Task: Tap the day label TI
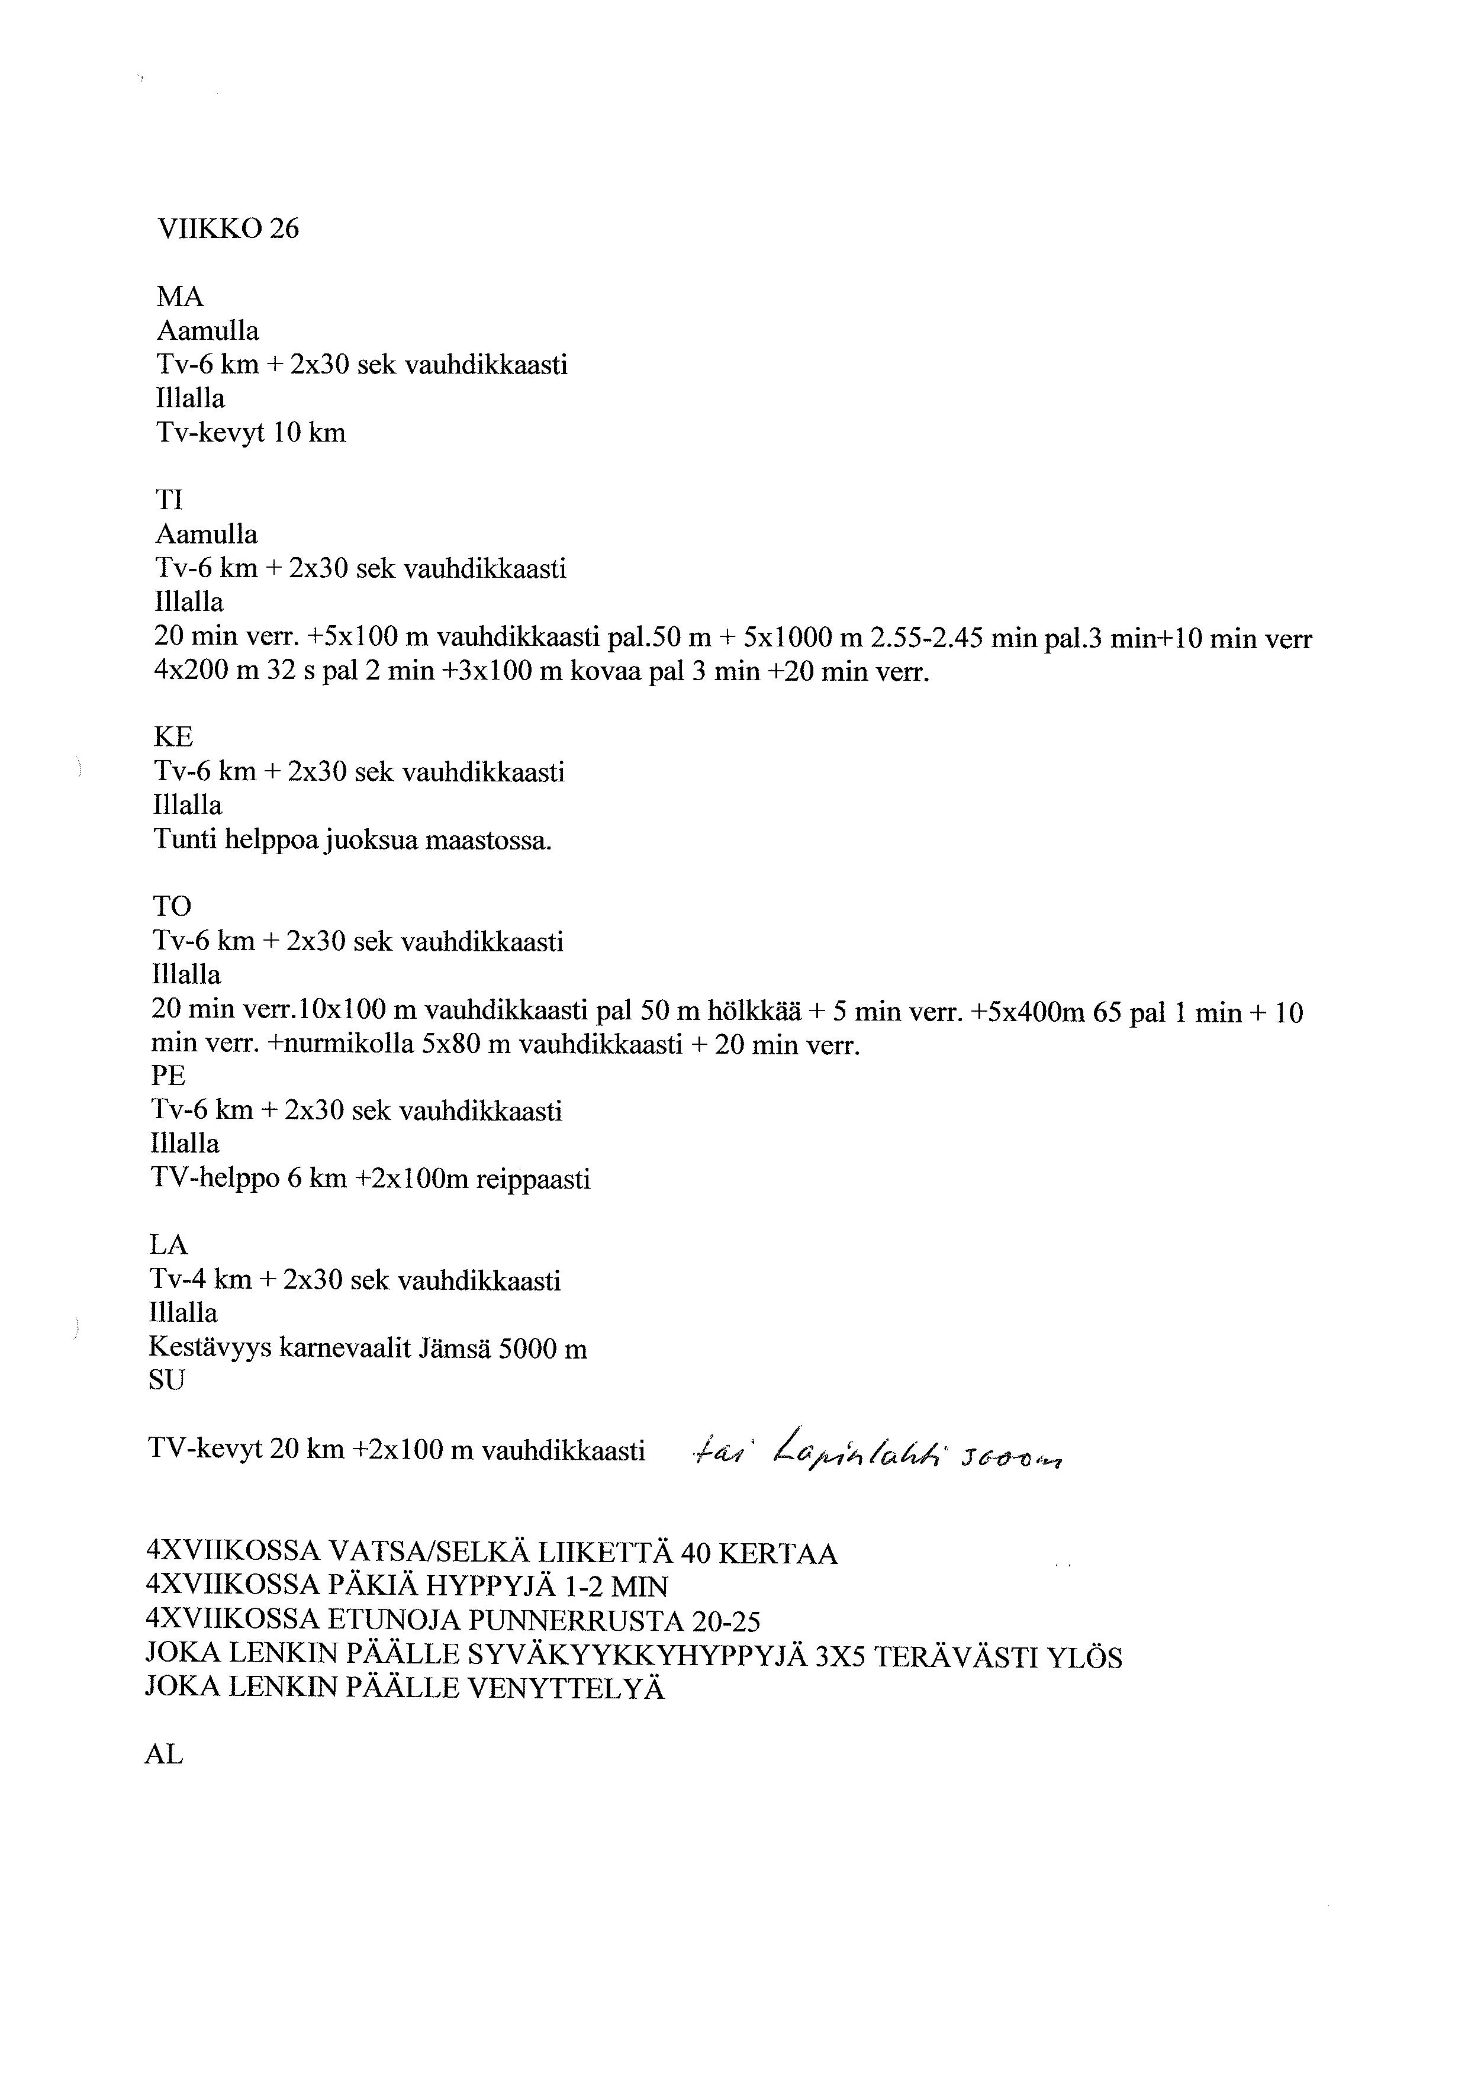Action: pos(170,500)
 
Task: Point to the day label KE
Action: pos(173,738)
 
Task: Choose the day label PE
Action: pos(168,1076)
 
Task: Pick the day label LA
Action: pos(168,1246)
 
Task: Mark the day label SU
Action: pos(166,1380)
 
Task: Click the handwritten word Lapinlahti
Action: pos(859,1452)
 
